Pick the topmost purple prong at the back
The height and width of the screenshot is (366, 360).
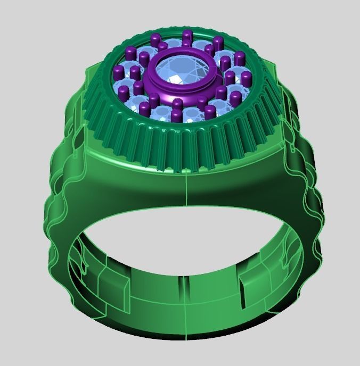(187, 37)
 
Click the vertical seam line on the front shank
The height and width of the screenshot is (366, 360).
(186, 192)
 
